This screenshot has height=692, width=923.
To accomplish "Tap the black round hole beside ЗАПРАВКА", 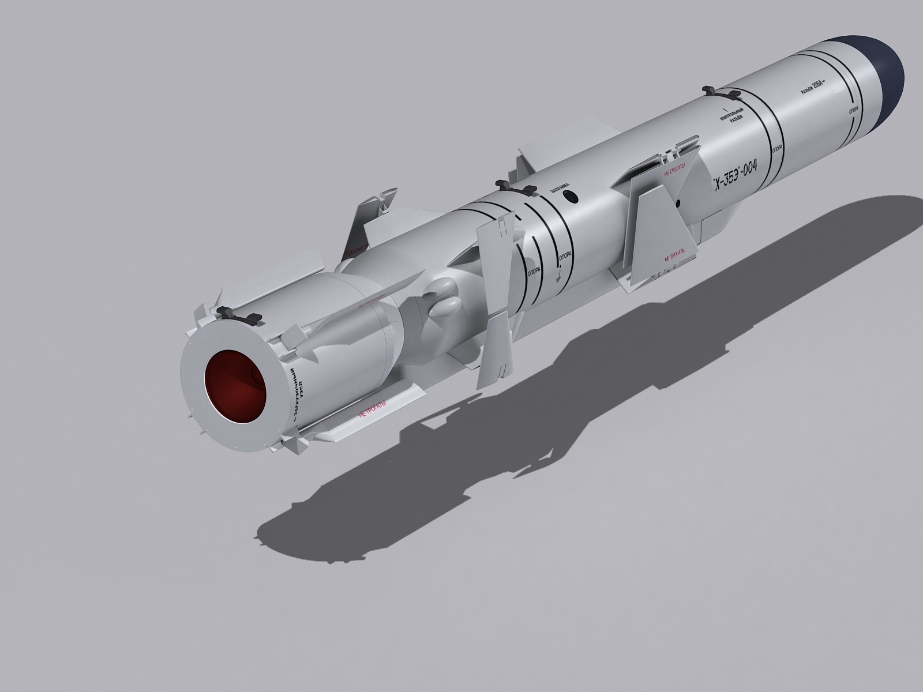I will [x=571, y=197].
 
